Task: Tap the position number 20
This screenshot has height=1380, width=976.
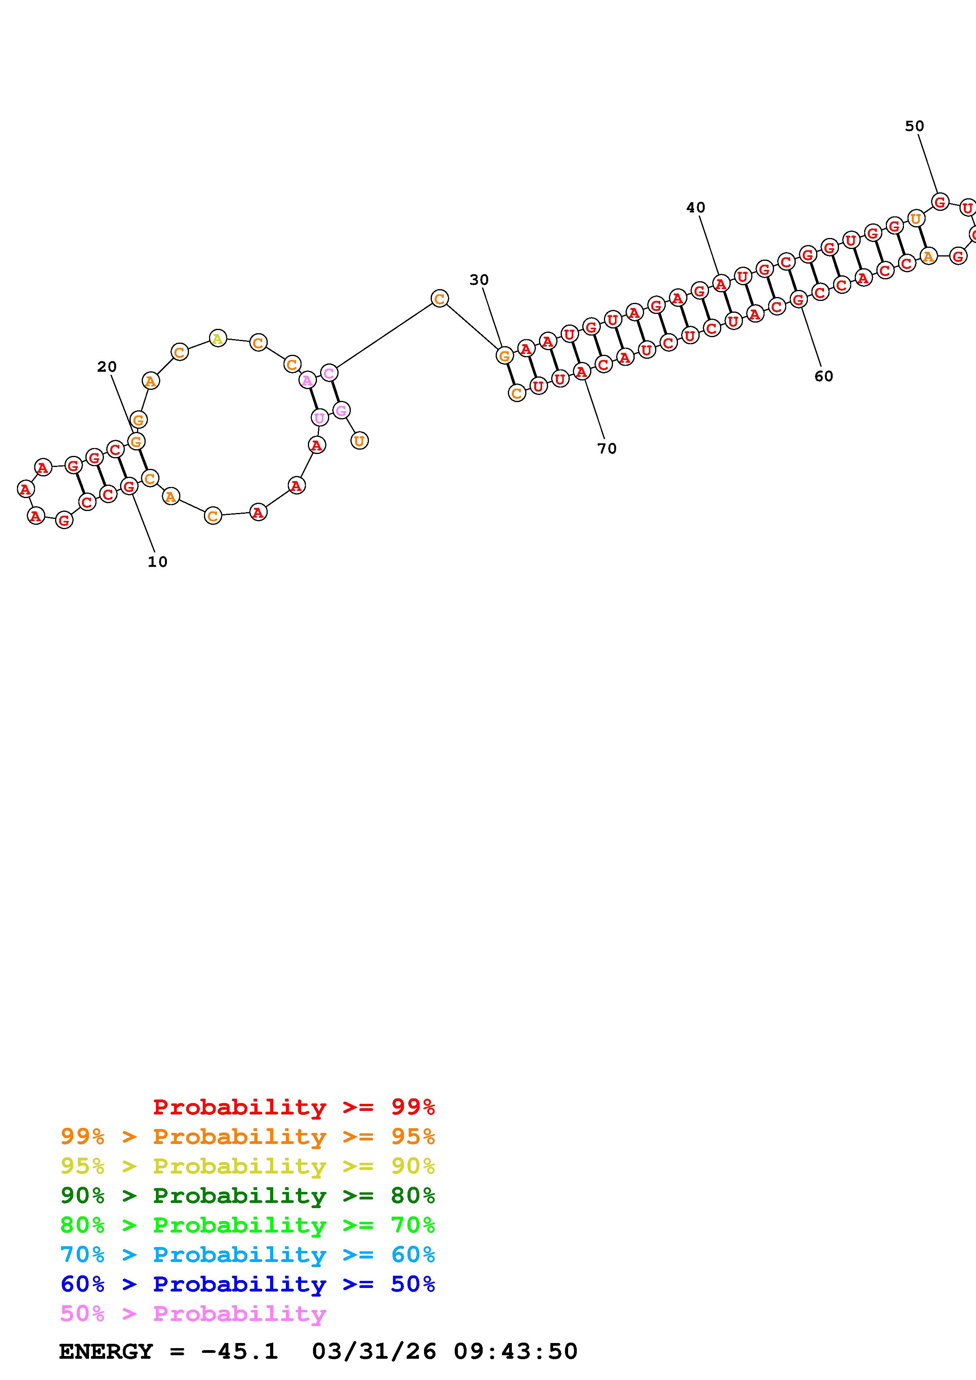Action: pyautogui.click(x=107, y=367)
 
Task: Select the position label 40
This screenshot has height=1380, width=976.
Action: pyautogui.click(x=696, y=207)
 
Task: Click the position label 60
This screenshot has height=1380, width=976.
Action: pyautogui.click(x=824, y=376)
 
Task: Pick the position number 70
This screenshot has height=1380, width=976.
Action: pyautogui.click(x=607, y=448)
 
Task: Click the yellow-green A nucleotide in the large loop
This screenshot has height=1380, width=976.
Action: pyautogui.click(x=218, y=339)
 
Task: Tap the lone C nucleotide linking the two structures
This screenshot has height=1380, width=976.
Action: pyautogui.click(x=440, y=299)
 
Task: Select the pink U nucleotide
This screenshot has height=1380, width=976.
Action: pyautogui.click(x=319, y=417)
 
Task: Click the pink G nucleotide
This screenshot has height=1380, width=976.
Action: pyautogui.click(x=341, y=411)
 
